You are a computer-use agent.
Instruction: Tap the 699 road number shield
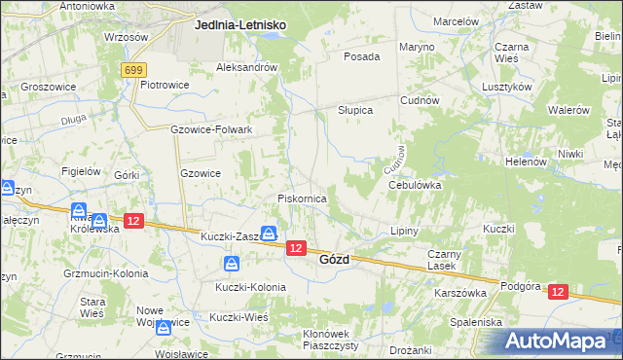[x=134, y=70]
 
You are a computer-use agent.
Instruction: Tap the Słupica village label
[x=355, y=110]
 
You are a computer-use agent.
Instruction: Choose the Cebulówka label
[x=415, y=184]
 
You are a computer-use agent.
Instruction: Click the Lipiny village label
[x=403, y=232]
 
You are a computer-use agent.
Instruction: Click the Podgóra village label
[x=519, y=286]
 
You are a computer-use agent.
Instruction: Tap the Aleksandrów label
[x=247, y=67]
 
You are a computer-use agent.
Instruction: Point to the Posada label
[x=361, y=56]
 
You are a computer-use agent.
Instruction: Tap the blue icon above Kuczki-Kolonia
[x=232, y=264]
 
